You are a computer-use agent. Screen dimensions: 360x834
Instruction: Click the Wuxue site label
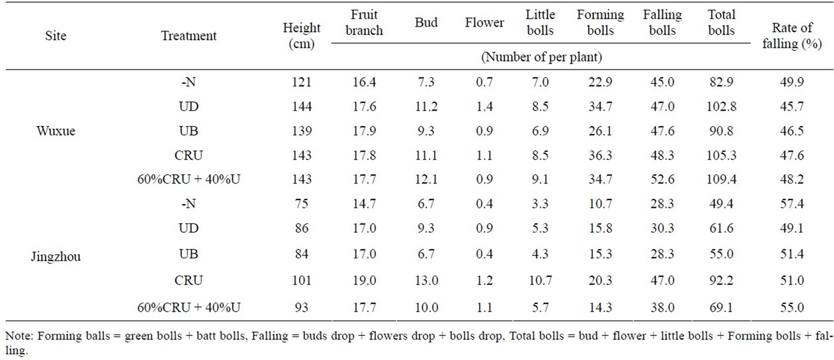click(56, 131)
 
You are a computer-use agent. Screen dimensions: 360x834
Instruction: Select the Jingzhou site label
click(56, 257)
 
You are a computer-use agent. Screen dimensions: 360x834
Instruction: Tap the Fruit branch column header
click(364, 22)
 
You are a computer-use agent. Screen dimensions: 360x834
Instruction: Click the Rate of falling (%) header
click(792, 36)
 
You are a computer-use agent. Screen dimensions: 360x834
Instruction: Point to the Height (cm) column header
click(301, 36)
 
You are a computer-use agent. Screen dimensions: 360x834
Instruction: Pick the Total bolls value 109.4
click(721, 180)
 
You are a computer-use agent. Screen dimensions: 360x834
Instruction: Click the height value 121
click(301, 82)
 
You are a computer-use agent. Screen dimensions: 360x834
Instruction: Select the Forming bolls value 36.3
click(600, 155)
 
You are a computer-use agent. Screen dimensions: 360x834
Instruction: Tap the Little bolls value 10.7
click(540, 280)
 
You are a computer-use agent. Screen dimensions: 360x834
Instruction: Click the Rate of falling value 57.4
click(792, 204)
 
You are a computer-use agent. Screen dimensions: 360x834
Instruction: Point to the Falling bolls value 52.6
click(662, 180)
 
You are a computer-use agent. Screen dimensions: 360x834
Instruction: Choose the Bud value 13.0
click(426, 280)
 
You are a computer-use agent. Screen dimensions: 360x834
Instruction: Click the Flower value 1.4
click(484, 107)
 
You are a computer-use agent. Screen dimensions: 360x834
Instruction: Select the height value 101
click(301, 280)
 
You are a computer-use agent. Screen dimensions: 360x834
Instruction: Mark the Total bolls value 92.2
click(721, 280)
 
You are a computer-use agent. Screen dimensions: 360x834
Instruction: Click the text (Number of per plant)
click(541, 57)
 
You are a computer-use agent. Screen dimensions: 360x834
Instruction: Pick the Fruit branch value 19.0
click(364, 280)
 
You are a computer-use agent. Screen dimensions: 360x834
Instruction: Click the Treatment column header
click(189, 36)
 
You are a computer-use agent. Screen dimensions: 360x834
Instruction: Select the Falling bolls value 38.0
click(662, 308)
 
